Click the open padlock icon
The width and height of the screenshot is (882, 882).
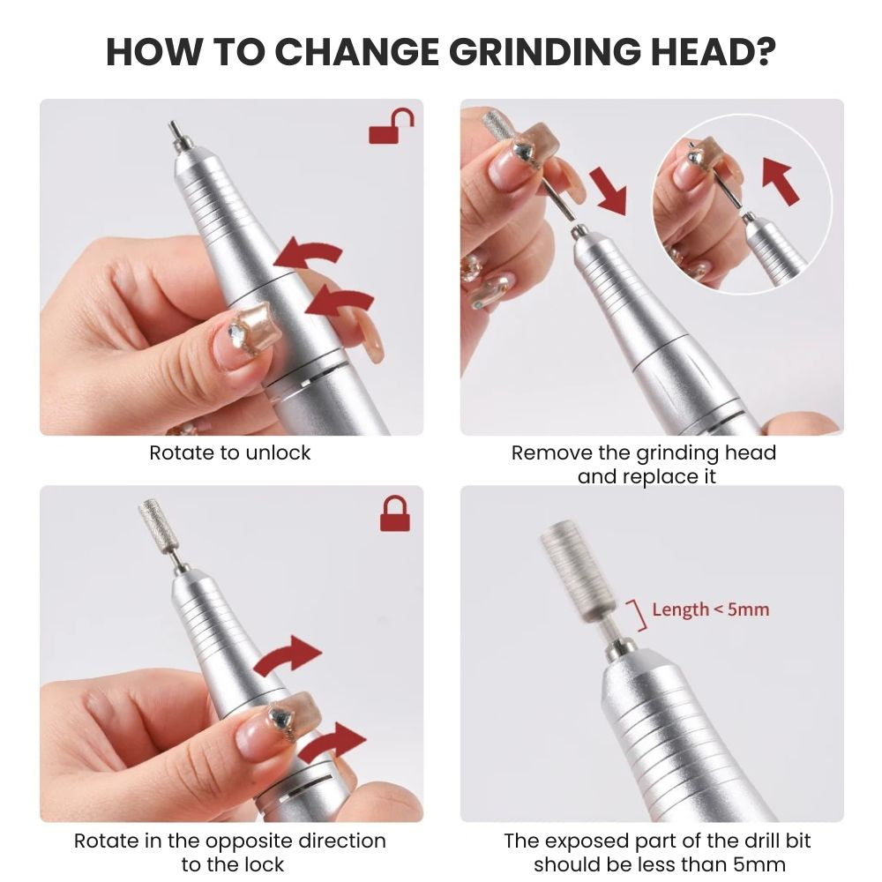point(391,127)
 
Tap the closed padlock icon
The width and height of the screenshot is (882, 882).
point(394,512)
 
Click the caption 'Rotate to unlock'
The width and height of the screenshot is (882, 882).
point(230,453)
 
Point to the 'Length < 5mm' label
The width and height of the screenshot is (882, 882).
point(710,609)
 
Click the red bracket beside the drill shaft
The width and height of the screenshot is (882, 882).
point(636,614)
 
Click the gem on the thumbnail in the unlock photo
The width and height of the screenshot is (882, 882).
point(238,333)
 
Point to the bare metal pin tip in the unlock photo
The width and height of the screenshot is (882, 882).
point(175,135)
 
